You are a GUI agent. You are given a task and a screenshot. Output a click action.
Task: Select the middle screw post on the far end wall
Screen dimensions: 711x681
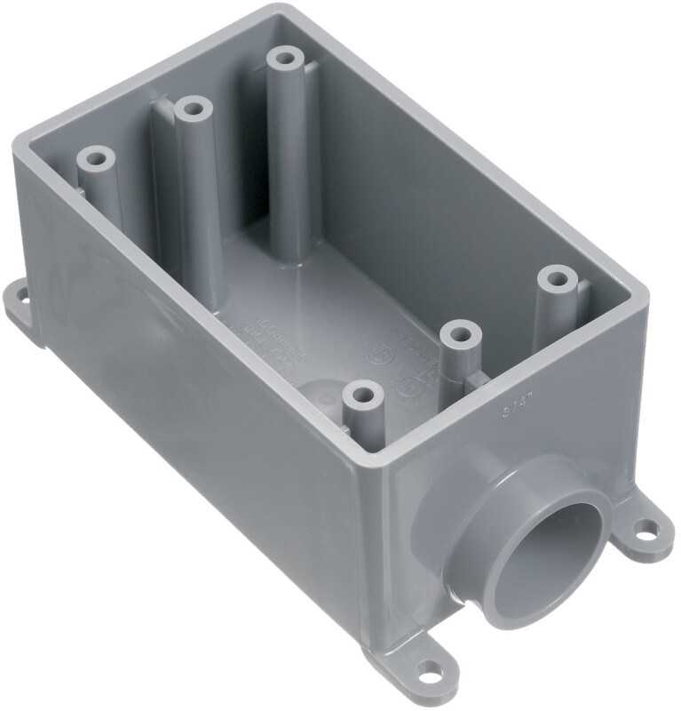(191, 111)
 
